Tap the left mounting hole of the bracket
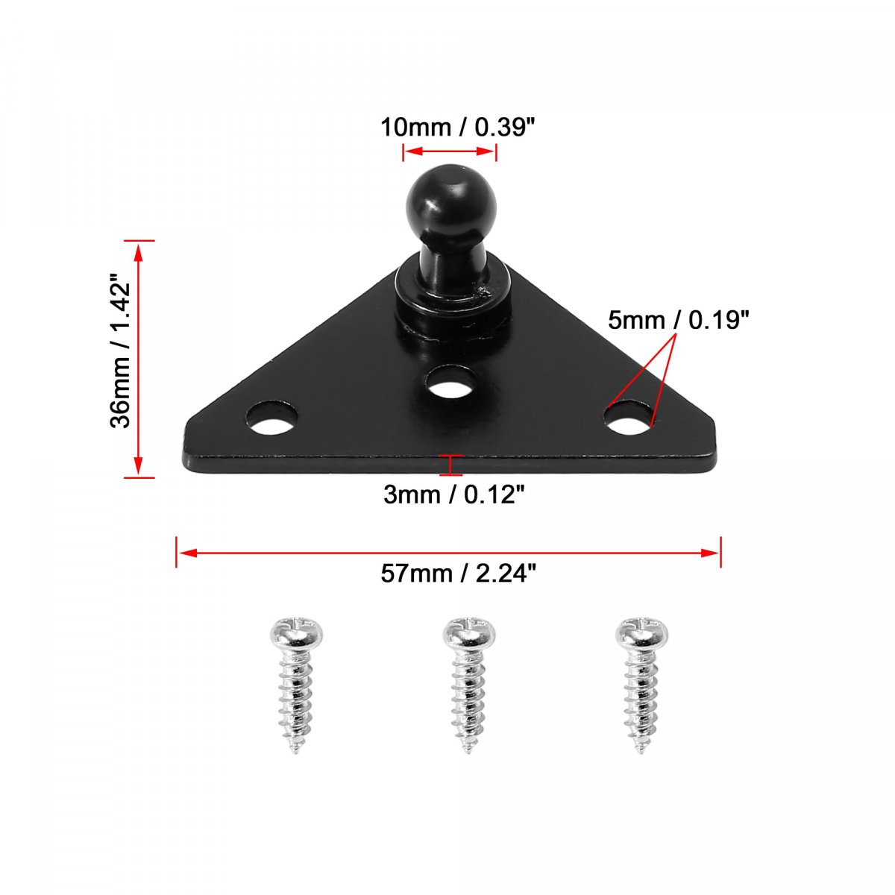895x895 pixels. (x=272, y=418)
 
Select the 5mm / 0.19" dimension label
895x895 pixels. (x=679, y=320)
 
